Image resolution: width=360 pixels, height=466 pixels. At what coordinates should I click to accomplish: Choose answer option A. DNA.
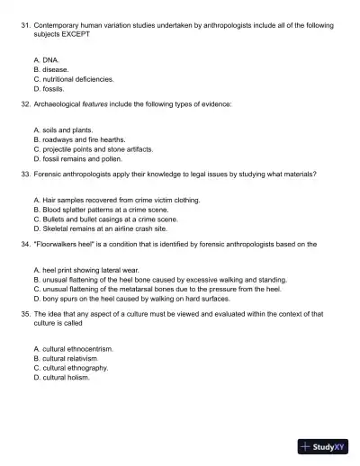(x=46, y=58)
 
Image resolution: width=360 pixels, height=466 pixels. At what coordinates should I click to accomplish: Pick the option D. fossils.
(x=49, y=89)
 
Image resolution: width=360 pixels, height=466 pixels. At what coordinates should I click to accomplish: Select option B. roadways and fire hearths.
(x=83, y=139)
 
